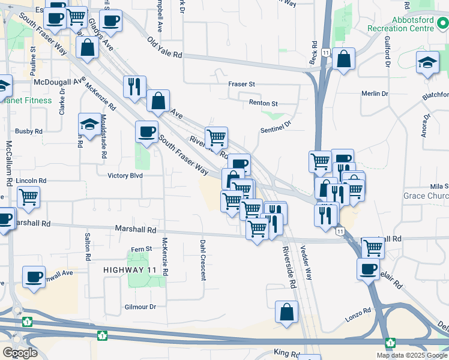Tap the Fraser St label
pos(242,85)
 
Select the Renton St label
pos(264,103)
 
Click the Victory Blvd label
pos(125,176)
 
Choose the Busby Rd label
pos(29,131)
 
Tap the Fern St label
pos(142,249)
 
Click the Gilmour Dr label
pos(140,307)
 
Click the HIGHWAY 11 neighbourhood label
pos(130,271)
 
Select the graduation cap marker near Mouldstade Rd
pos(89,125)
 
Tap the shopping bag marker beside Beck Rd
pos(343,59)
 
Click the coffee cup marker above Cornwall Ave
pos(34,277)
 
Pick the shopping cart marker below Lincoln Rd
pos(28,197)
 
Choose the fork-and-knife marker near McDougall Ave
pos(134,86)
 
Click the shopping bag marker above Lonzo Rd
pos(287,311)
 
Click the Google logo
pos(20,353)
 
